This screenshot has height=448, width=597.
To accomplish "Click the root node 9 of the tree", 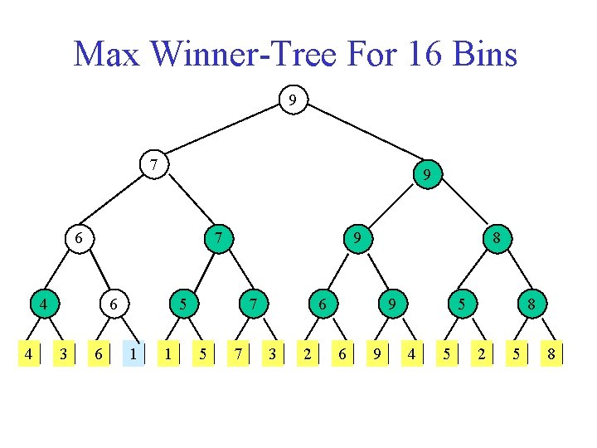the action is (291, 100).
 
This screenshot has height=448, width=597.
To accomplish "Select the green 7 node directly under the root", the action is (152, 163).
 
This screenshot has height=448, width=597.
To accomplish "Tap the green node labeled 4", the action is (40, 304).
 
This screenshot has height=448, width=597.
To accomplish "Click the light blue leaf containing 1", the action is (133, 354).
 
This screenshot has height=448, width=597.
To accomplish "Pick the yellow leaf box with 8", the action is (551, 354).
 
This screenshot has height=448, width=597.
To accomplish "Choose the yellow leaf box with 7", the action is (238, 354).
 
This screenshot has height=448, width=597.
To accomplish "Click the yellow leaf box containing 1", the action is (168, 354).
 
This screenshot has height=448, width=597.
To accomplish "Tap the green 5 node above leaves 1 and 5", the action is (179, 304).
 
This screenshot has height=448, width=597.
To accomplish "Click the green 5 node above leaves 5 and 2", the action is (457, 304).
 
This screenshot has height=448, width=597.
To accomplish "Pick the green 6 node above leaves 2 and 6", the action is (318, 304).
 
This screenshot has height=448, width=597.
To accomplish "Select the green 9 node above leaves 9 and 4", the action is (388, 304).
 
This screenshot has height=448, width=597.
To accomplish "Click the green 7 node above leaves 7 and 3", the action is (249, 304).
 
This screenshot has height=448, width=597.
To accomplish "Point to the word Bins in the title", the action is (486, 55).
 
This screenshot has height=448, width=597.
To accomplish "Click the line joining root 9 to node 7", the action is (221, 132).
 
